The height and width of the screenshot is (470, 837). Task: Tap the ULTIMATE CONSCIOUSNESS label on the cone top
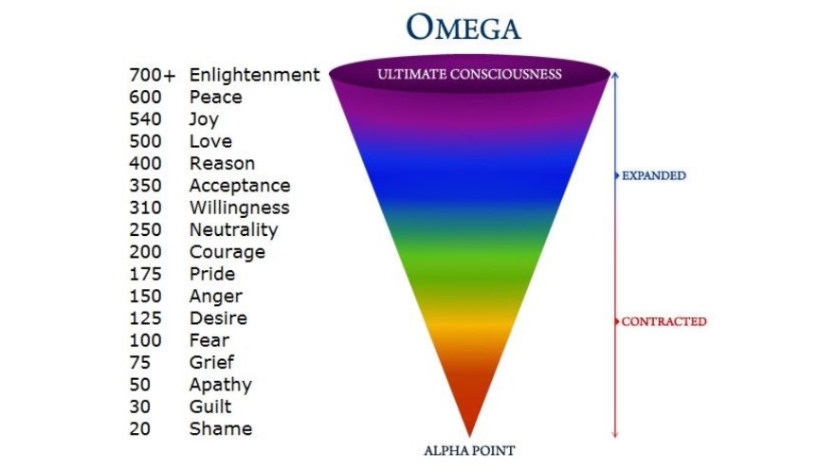point(470,74)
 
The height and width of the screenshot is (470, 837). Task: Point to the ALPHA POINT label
point(470,450)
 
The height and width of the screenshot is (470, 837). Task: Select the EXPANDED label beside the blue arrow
point(653,175)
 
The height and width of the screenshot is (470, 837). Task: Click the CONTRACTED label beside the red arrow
point(664,321)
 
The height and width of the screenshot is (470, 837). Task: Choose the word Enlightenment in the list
point(254,75)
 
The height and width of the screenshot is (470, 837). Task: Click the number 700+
point(152,75)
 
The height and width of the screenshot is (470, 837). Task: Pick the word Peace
point(215,97)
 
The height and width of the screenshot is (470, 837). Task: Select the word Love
point(209,141)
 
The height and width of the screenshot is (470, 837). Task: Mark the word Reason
point(222,163)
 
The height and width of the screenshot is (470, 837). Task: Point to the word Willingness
point(239,208)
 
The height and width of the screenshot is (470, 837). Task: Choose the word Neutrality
point(233,229)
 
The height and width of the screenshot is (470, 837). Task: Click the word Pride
point(211,274)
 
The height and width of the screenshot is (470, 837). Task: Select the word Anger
point(215,296)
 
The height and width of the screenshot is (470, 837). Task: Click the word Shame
point(220,428)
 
